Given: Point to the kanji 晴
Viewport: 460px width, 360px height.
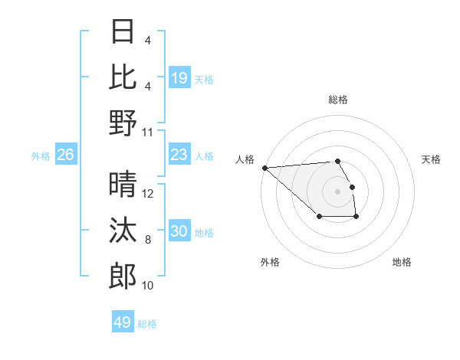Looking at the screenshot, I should [123, 185].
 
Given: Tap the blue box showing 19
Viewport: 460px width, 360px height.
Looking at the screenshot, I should [179, 78].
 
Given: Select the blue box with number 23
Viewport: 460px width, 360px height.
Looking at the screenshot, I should [179, 155].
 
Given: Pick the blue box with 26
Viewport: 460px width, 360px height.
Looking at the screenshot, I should [66, 155].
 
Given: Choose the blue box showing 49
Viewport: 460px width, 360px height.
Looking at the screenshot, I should [123, 322].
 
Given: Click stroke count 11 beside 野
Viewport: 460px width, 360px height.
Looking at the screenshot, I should [148, 132].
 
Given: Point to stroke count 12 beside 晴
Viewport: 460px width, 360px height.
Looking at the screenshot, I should [148, 194].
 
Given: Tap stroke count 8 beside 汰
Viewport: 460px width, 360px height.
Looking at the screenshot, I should [148, 240].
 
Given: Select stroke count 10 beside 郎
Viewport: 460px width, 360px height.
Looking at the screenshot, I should [148, 286].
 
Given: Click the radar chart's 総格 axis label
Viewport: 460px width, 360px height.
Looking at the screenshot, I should [338, 100].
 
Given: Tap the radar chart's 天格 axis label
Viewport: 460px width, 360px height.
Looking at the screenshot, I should [431, 159].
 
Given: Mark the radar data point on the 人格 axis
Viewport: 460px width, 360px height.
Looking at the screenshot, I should [264, 168].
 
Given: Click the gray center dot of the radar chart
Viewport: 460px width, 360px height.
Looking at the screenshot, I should [338, 191].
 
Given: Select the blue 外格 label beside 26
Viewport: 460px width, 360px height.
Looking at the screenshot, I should [41, 156].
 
